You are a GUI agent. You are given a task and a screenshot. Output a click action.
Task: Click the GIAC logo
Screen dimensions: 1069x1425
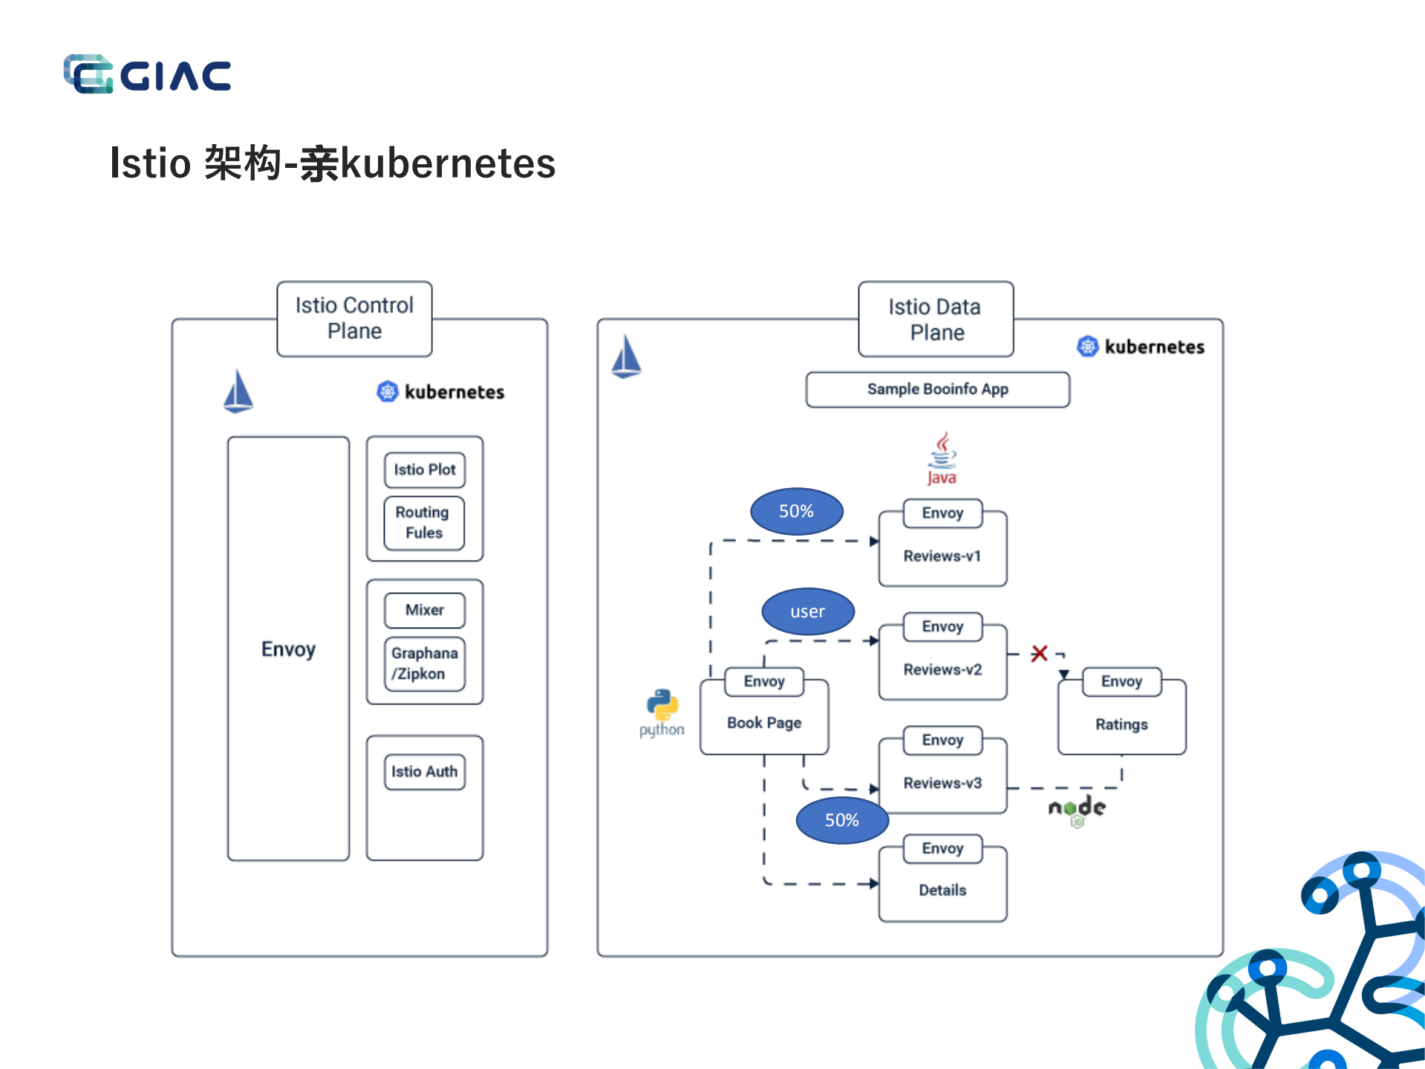point(147,74)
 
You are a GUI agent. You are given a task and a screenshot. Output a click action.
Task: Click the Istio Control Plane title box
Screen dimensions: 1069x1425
point(354,319)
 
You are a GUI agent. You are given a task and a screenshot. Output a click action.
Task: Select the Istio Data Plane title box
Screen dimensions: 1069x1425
point(935,319)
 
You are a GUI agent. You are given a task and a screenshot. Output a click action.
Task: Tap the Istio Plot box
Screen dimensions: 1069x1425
point(425,469)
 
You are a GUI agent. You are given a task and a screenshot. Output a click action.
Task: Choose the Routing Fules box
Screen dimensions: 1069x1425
point(424,522)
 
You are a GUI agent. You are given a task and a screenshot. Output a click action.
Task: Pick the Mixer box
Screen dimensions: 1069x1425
point(425,610)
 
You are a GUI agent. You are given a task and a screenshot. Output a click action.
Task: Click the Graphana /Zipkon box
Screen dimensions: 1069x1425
point(424,663)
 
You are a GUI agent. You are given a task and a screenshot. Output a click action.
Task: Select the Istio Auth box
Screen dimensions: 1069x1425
point(424,772)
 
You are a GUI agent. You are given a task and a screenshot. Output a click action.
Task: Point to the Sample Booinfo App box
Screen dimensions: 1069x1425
point(937,389)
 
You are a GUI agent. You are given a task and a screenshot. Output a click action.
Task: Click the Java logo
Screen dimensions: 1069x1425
point(942,458)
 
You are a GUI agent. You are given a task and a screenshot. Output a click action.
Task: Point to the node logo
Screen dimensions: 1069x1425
point(1077,810)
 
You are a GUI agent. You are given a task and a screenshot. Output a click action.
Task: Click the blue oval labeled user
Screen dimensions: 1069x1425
point(808,611)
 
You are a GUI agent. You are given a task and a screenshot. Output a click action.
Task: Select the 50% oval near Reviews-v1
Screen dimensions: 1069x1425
point(796,511)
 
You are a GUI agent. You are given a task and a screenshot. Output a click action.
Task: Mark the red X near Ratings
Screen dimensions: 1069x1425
point(1039,654)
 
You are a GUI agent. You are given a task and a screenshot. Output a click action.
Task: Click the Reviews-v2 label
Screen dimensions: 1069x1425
point(942,669)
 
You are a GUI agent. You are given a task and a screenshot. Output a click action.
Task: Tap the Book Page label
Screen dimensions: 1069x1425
point(764,723)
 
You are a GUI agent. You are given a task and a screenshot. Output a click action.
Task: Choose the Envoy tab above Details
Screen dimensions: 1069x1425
point(942,848)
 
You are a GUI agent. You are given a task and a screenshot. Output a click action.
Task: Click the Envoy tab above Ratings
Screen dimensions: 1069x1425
point(1121,681)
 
